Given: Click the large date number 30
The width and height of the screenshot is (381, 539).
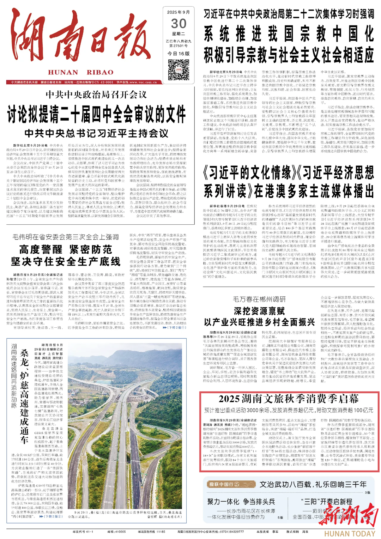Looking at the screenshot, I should (x=179, y=24).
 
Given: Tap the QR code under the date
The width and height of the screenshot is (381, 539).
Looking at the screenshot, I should (x=179, y=69).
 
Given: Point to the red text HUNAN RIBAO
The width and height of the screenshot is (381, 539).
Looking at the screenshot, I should (x=81, y=72).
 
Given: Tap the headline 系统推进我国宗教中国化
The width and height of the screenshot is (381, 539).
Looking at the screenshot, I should (x=289, y=34).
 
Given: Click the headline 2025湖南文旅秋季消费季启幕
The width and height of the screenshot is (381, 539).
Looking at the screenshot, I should (x=289, y=399).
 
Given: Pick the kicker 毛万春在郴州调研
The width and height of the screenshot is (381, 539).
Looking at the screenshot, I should (x=259, y=299).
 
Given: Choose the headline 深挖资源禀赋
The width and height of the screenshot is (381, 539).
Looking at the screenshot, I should (x=259, y=311).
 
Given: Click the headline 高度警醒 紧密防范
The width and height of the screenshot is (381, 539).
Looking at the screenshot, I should (x=66, y=250).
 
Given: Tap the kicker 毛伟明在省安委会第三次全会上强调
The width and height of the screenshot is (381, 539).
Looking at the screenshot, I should (x=66, y=237).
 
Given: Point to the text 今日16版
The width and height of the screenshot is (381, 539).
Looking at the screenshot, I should (x=179, y=54).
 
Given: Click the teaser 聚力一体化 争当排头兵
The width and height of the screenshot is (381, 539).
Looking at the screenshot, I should (x=241, y=502).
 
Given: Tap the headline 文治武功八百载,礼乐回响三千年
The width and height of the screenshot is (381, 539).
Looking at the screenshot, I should (x=313, y=484).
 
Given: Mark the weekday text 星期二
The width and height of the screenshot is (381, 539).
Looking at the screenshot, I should (x=179, y=34).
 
